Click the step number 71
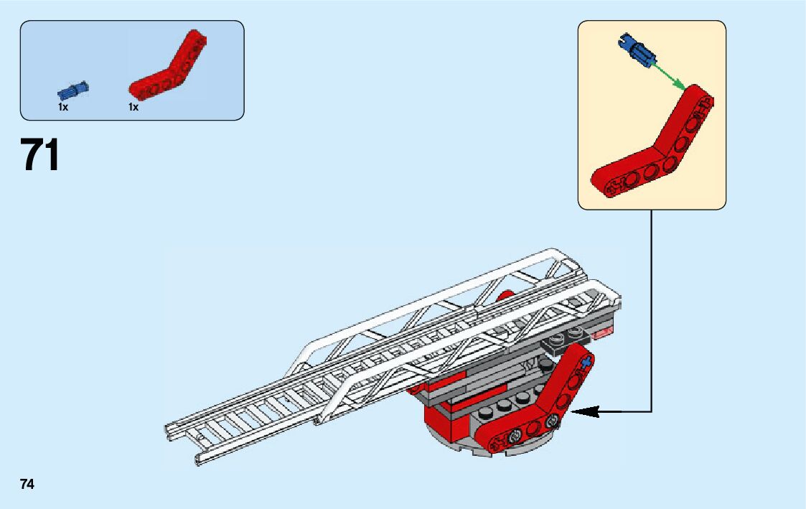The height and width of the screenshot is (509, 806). point(42,156)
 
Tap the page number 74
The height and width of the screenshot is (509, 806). point(27,485)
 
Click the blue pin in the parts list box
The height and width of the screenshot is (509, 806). point(73,90)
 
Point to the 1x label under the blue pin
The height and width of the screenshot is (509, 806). point(63,107)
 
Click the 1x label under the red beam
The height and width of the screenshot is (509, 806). point(133,107)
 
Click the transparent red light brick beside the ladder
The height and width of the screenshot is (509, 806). point(602,332)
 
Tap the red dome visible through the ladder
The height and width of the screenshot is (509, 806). point(505,294)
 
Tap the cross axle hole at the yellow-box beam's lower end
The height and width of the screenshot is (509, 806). point(614,188)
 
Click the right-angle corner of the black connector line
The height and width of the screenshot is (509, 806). point(652,411)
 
